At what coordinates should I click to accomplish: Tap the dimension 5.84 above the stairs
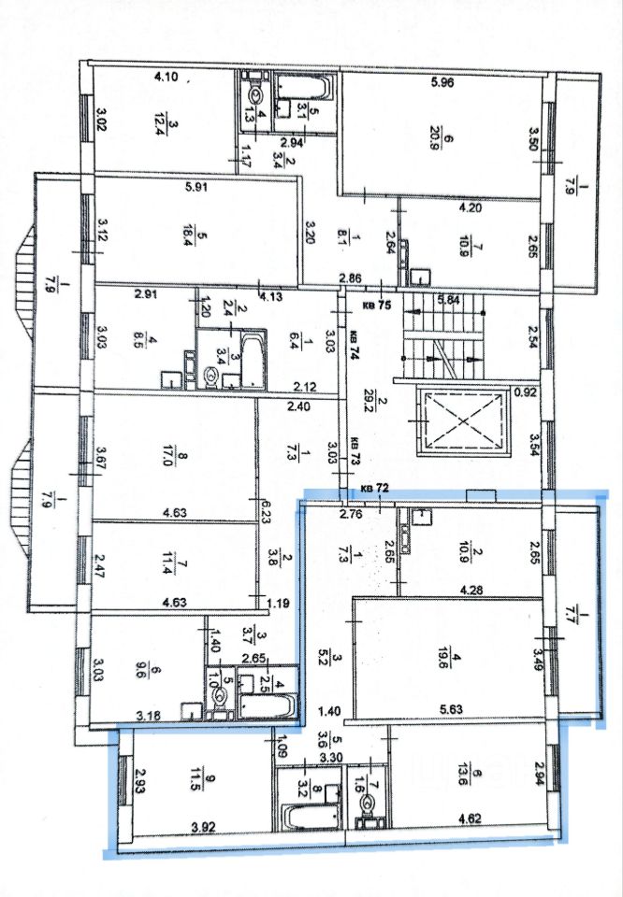pyautogui.click(x=450, y=300)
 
